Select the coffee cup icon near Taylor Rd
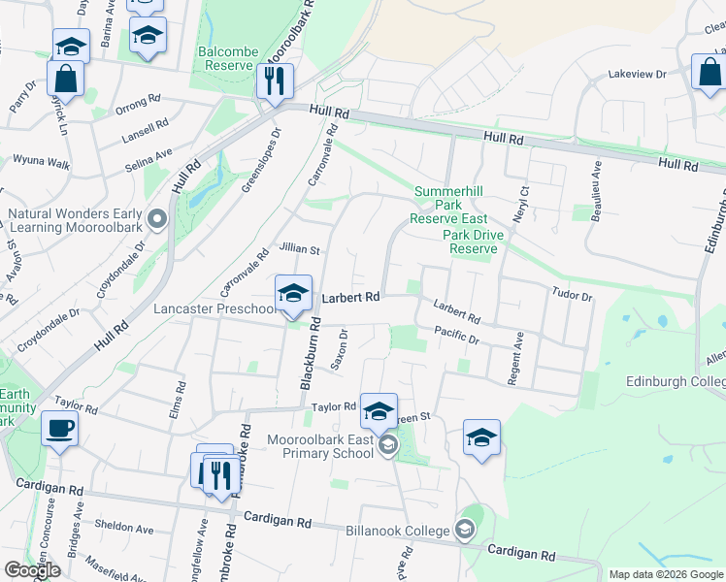point(60,429)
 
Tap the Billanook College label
point(398,531)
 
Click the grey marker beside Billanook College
point(465,529)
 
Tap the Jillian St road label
point(299,249)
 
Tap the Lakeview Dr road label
point(637,74)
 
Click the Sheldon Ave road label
point(124,530)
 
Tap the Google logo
point(32,570)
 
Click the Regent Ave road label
point(517,355)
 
